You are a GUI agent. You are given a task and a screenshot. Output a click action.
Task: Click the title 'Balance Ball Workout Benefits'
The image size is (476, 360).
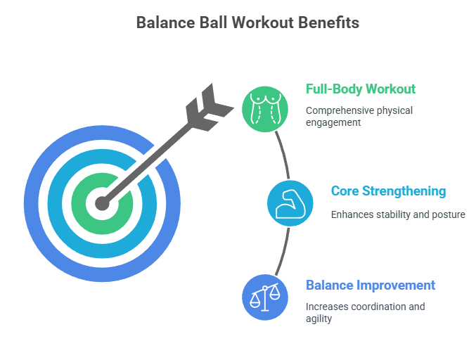[x=247, y=22]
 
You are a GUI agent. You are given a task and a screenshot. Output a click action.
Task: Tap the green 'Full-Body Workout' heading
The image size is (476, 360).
[x=361, y=89]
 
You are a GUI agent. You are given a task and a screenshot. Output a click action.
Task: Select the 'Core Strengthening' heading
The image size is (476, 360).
[x=389, y=191]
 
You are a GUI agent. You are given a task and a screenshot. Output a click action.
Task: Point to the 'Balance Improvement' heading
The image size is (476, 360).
[x=371, y=285]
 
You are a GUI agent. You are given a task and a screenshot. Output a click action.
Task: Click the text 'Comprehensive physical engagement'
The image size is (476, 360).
[x=359, y=117]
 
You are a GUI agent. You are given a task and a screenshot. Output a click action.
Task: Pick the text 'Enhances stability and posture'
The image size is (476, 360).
[x=398, y=214]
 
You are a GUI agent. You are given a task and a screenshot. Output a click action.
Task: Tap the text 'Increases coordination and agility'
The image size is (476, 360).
[x=365, y=313]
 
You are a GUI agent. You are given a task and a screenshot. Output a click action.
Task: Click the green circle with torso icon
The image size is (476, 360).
[x=265, y=109]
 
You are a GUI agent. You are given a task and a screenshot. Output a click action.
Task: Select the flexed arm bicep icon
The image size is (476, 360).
[x=290, y=203]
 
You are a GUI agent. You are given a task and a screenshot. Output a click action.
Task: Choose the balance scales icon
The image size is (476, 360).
[x=265, y=297]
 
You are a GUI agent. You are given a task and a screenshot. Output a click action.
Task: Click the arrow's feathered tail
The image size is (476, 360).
[x=210, y=108]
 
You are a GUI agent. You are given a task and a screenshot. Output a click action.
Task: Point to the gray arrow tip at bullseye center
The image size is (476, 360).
[x=103, y=203]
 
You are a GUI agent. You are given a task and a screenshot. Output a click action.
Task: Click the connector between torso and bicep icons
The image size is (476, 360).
[x=284, y=155]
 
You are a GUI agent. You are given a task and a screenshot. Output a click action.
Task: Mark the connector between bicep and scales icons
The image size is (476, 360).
[x=284, y=252]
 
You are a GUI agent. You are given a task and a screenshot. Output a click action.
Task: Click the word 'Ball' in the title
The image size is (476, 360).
[x=213, y=22]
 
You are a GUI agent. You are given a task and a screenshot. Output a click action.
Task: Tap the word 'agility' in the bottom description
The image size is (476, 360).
[x=319, y=319]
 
